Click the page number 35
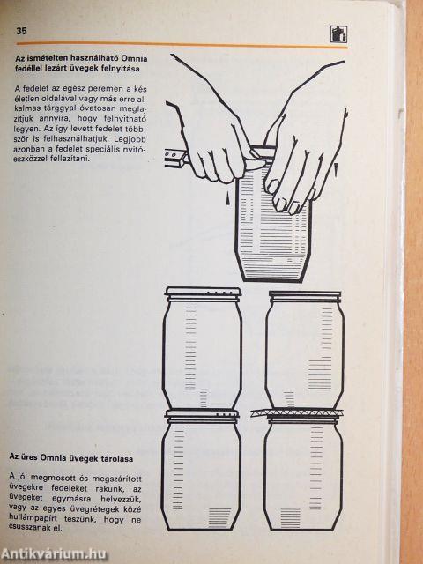21,32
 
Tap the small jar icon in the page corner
338,34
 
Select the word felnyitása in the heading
122,69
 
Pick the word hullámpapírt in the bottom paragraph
31,520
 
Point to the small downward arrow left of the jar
228,198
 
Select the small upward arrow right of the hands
336,169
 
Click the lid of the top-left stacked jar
203,292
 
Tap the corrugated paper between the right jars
298,412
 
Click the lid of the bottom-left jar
202,414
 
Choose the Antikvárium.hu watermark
54,554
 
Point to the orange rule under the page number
182,45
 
